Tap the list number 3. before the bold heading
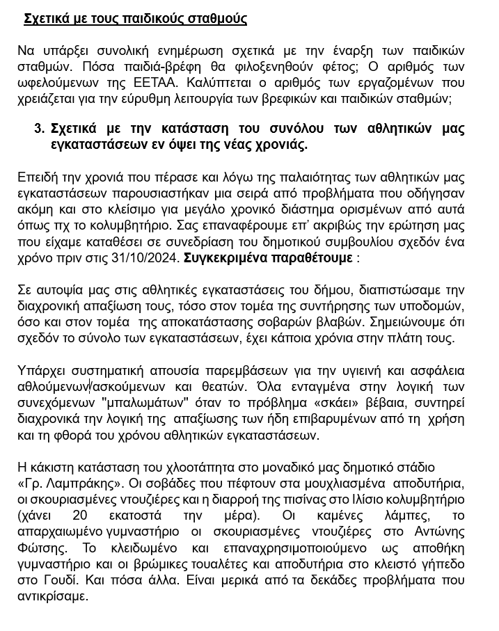click(x=40, y=129)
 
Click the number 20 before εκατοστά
click(x=80, y=515)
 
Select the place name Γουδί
click(x=65, y=580)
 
